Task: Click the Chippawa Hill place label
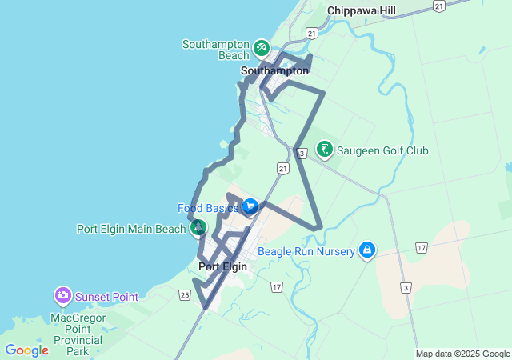362,10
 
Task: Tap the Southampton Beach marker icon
261,49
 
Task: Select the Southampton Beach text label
216,50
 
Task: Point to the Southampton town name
274,70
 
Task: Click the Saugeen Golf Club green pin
324,150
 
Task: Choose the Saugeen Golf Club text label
382,150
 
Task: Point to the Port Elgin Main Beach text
131,229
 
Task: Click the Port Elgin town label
222,267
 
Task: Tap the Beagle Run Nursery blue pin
367,250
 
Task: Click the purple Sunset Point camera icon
62,296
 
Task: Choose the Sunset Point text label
106,297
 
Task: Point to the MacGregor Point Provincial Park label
78,334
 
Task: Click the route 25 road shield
185,296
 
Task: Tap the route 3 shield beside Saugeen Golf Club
302,153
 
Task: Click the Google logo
27,350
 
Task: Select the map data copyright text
462,354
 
